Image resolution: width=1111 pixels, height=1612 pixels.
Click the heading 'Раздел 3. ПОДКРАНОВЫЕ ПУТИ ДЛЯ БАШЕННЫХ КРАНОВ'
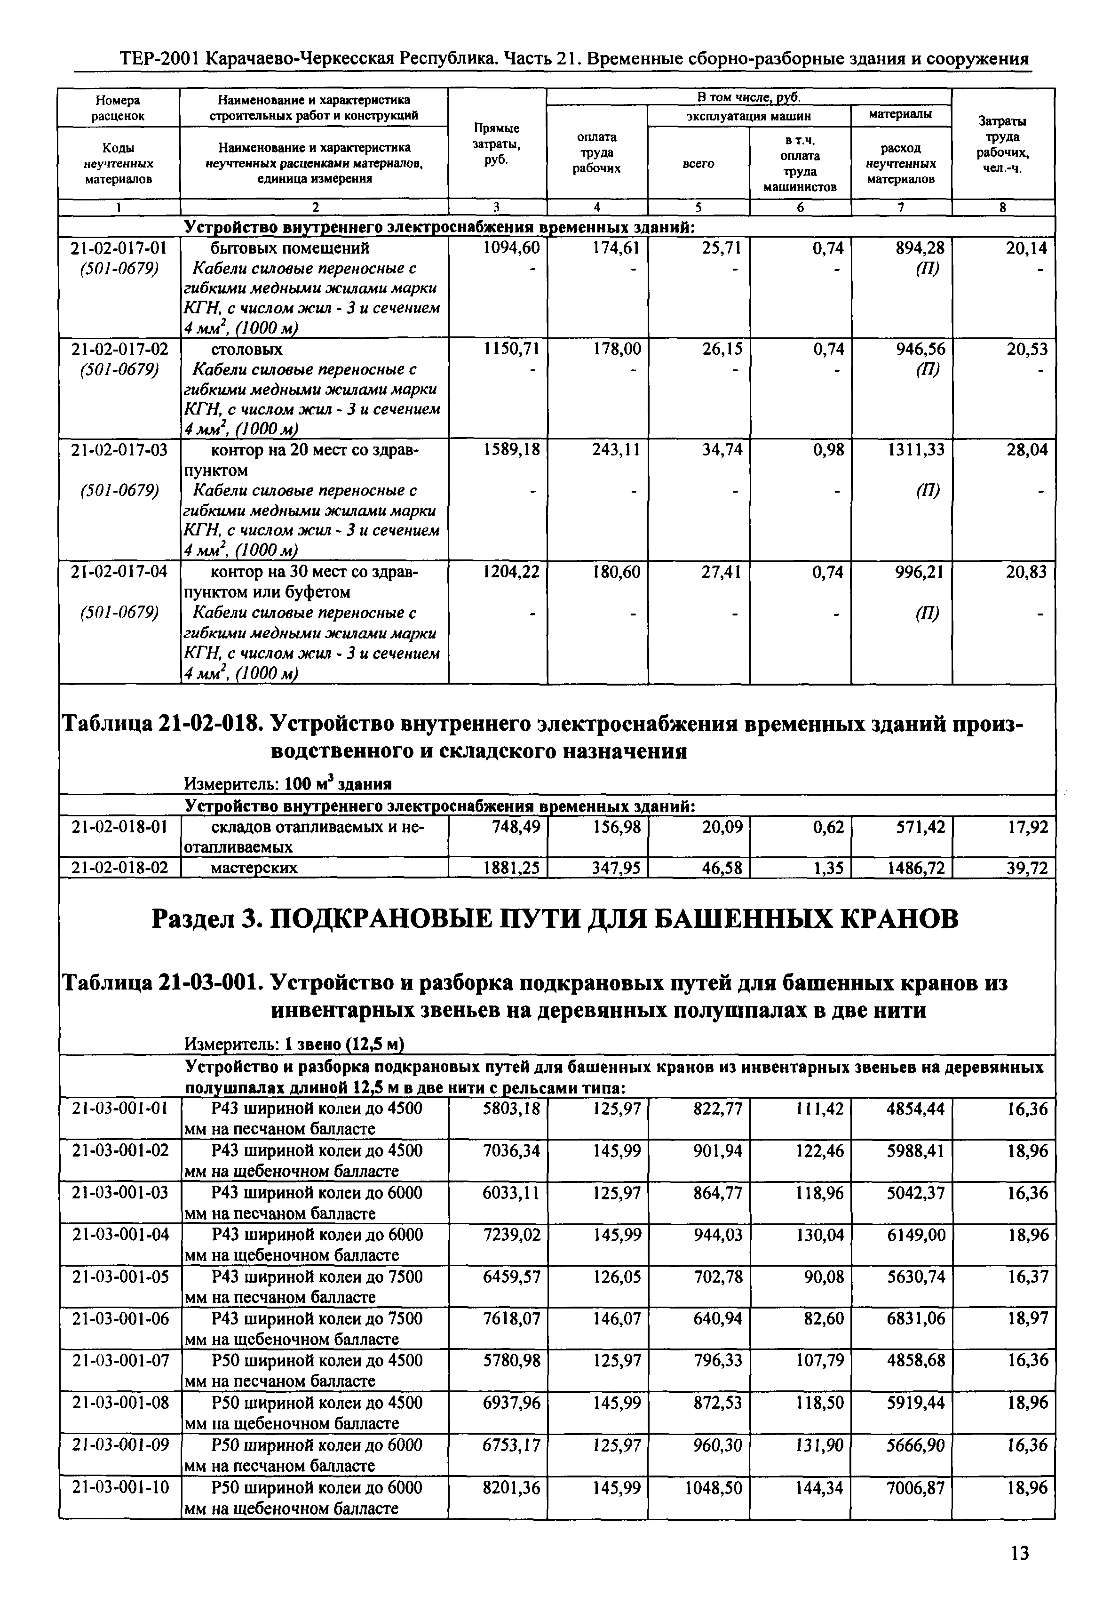click(555, 919)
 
